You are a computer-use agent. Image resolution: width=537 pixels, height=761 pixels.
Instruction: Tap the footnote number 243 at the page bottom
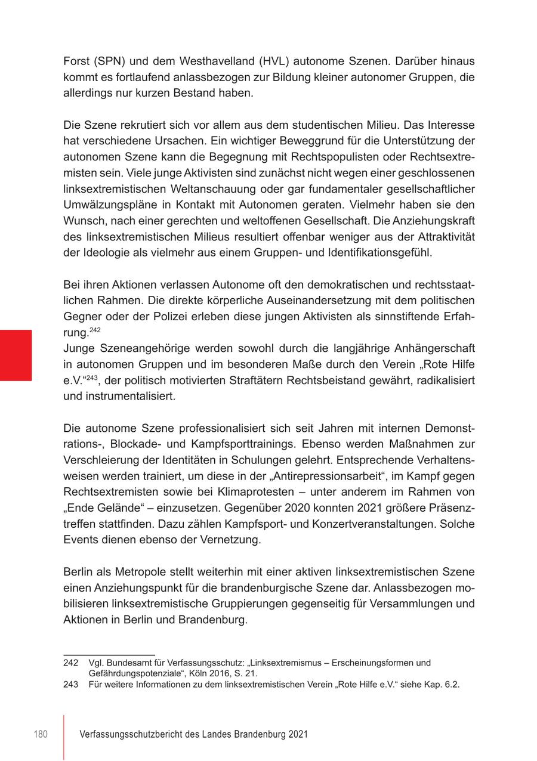(x=71, y=685)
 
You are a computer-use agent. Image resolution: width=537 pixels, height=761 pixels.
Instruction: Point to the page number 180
(x=40, y=735)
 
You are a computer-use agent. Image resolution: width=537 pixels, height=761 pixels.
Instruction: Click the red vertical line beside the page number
(x=64, y=737)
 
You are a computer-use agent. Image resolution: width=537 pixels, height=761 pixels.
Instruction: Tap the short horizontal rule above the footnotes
(x=109, y=655)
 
